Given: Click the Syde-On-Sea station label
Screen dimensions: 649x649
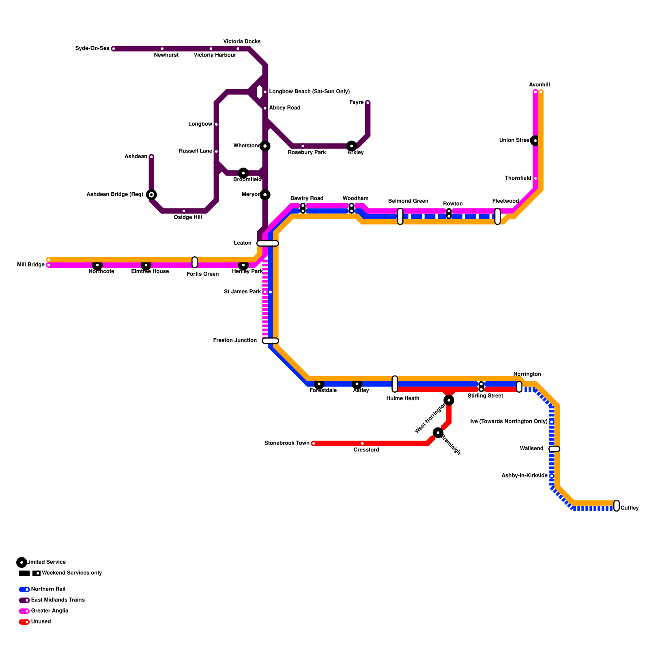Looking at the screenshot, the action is click(x=92, y=49).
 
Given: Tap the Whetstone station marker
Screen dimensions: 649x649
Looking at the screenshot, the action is click(x=265, y=146).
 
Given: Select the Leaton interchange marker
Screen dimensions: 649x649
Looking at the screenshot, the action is click(x=268, y=243).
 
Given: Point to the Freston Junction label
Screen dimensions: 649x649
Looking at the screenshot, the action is click(x=235, y=341).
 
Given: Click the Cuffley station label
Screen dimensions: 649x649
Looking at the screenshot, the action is click(x=630, y=508).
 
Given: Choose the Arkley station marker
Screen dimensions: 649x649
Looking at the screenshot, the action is click(x=352, y=146).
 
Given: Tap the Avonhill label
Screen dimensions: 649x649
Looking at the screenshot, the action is click(x=539, y=85).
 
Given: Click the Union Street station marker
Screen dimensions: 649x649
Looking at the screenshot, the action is click(x=535, y=141).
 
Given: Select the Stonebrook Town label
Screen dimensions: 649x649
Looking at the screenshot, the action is click(x=287, y=443).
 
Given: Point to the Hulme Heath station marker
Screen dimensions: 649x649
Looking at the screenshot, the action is click(x=395, y=384).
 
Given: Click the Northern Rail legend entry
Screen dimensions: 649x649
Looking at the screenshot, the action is click(x=48, y=589).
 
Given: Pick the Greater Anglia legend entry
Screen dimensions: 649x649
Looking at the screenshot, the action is click(x=49, y=611).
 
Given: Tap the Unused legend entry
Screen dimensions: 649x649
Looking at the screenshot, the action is click(x=41, y=621).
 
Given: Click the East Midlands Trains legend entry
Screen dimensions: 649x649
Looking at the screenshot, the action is click(x=58, y=600).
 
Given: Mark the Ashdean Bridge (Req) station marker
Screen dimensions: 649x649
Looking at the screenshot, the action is click(x=151, y=195).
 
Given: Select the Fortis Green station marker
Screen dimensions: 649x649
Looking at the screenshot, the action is click(x=195, y=262).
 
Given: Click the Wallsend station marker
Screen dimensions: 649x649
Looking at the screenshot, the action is click(x=554, y=449).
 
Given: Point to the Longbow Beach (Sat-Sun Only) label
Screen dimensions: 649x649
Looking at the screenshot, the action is click(x=309, y=92).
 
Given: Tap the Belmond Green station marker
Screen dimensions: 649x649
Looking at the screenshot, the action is click(x=400, y=216).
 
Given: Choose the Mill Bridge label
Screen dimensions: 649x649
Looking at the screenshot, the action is click(x=31, y=265).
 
